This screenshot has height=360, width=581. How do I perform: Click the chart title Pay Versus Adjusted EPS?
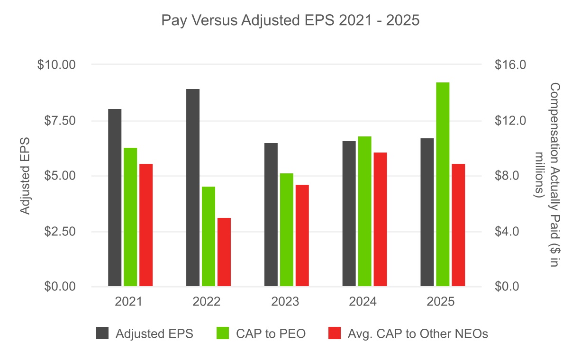tap(290, 21)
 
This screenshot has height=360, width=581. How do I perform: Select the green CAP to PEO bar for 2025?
tap(443, 185)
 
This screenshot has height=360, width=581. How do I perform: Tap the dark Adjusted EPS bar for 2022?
tap(193, 188)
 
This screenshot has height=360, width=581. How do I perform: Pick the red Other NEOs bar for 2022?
tap(224, 252)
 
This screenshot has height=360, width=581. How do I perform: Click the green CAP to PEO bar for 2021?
tap(130, 217)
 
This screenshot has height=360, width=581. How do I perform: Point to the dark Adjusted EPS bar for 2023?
tap(271, 215)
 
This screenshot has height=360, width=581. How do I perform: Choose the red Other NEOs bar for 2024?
tap(381, 219)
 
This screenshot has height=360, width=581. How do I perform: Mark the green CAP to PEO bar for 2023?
tap(287, 230)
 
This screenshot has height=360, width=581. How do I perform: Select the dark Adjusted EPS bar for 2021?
tap(115, 198)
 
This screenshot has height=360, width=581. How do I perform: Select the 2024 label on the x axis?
tap(363, 302)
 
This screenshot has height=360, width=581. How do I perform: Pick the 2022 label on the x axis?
tap(207, 302)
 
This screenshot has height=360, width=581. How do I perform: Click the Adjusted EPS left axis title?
tap(25, 176)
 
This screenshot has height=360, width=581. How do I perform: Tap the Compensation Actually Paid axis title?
tap(548, 175)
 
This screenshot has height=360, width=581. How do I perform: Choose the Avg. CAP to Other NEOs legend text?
tap(418, 333)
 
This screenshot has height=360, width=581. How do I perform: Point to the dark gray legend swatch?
tap(102, 333)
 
